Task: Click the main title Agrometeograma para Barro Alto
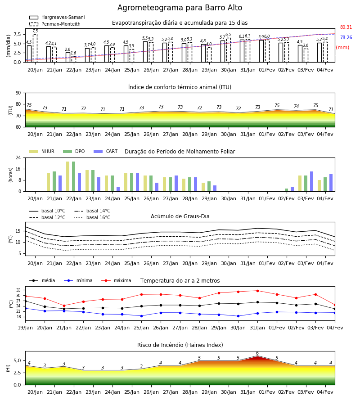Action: [x=180, y=8]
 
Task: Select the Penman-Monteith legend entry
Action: [x=55, y=24]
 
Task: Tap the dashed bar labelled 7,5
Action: [x=35, y=48]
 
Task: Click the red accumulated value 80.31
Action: [x=346, y=27]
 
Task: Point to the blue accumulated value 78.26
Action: [x=346, y=37]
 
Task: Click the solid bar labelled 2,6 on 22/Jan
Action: [x=68, y=57]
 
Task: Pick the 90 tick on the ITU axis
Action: [x=18, y=93]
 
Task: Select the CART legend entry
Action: [x=106, y=151]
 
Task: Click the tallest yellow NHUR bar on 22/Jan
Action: [x=67, y=176]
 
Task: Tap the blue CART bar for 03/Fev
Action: [x=312, y=182]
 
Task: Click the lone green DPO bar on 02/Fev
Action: [x=286, y=190]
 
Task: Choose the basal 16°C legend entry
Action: [x=92, y=217]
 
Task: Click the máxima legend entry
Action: [x=116, y=280]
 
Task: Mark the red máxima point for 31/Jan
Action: [x=257, y=291]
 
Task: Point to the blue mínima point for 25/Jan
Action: [x=141, y=316]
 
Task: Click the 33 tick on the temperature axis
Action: [x=18, y=290]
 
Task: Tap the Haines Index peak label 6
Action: [x=257, y=353]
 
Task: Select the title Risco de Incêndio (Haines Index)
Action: [x=180, y=345]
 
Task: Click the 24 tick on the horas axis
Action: [x=18, y=157]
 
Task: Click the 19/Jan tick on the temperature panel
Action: [x=25, y=328]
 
